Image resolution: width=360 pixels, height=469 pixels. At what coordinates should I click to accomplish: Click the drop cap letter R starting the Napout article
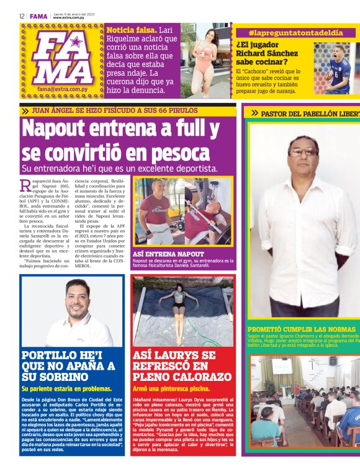click(x=25, y=185)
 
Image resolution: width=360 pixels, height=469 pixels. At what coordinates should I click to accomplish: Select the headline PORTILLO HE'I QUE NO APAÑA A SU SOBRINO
click(x=68, y=365)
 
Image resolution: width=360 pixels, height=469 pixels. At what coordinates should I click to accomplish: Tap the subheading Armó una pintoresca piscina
click(x=171, y=388)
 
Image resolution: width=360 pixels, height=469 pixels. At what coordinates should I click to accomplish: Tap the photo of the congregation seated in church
click(x=305, y=401)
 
